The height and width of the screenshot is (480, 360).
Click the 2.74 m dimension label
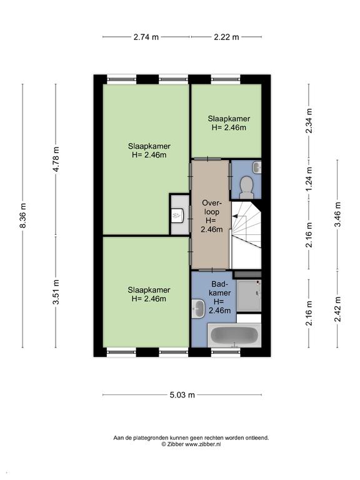tap(146, 37)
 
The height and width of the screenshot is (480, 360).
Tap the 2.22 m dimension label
tap(226, 37)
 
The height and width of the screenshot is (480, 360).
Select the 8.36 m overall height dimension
tap(23, 215)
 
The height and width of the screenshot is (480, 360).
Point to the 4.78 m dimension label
tap(56, 159)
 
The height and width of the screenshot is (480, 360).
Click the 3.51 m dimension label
tap(56, 292)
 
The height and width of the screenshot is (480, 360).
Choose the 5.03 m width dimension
tap(182, 395)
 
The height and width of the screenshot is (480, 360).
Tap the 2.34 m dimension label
tap(309, 121)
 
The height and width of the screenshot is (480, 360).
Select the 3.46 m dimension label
tap(337, 214)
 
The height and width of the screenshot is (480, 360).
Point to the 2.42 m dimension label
tap(337, 309)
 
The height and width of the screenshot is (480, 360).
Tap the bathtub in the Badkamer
tap(235, 336)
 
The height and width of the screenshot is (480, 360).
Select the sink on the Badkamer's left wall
tap(198, 309)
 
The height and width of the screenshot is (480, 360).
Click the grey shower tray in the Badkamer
tap(249, 296)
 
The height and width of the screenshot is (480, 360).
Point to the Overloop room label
tap(211, 216)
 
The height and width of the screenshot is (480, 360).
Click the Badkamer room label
tap(219, 297)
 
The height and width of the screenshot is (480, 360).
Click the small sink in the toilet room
tap(257, 167)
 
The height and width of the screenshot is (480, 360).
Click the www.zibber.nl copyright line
tap(191, 444)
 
